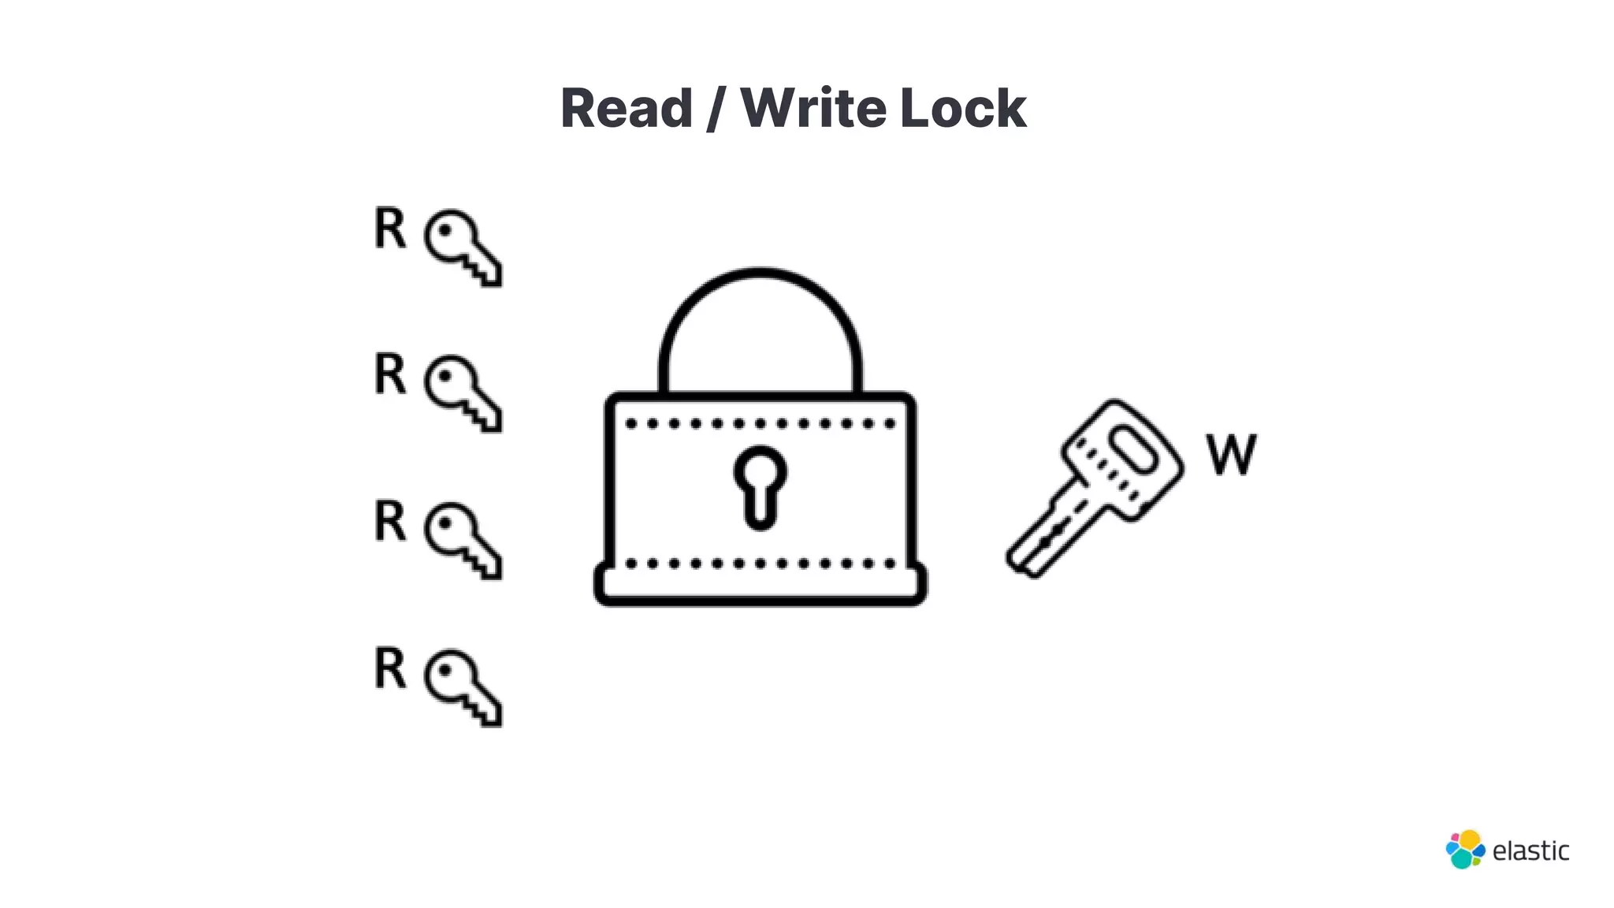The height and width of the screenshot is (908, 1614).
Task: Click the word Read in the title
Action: click(626, 108)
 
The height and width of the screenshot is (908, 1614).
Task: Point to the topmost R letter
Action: click(389, 229)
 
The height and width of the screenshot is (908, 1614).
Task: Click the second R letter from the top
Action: click(389, 374)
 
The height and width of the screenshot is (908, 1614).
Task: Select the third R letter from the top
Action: click(389, 521)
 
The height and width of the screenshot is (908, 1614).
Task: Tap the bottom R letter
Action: click(389, 668)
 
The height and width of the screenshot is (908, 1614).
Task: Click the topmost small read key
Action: click(462, 247)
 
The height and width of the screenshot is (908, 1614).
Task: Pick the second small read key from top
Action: click(462, 393)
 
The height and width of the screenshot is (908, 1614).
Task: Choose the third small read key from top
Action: click(462, 540)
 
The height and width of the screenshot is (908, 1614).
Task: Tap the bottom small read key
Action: click(462, 687)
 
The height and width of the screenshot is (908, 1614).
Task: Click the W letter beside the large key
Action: click(1231, 455)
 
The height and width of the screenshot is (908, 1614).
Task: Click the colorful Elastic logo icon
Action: click(1465, 850)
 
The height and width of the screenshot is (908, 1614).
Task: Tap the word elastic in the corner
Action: click(1530, 851)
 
